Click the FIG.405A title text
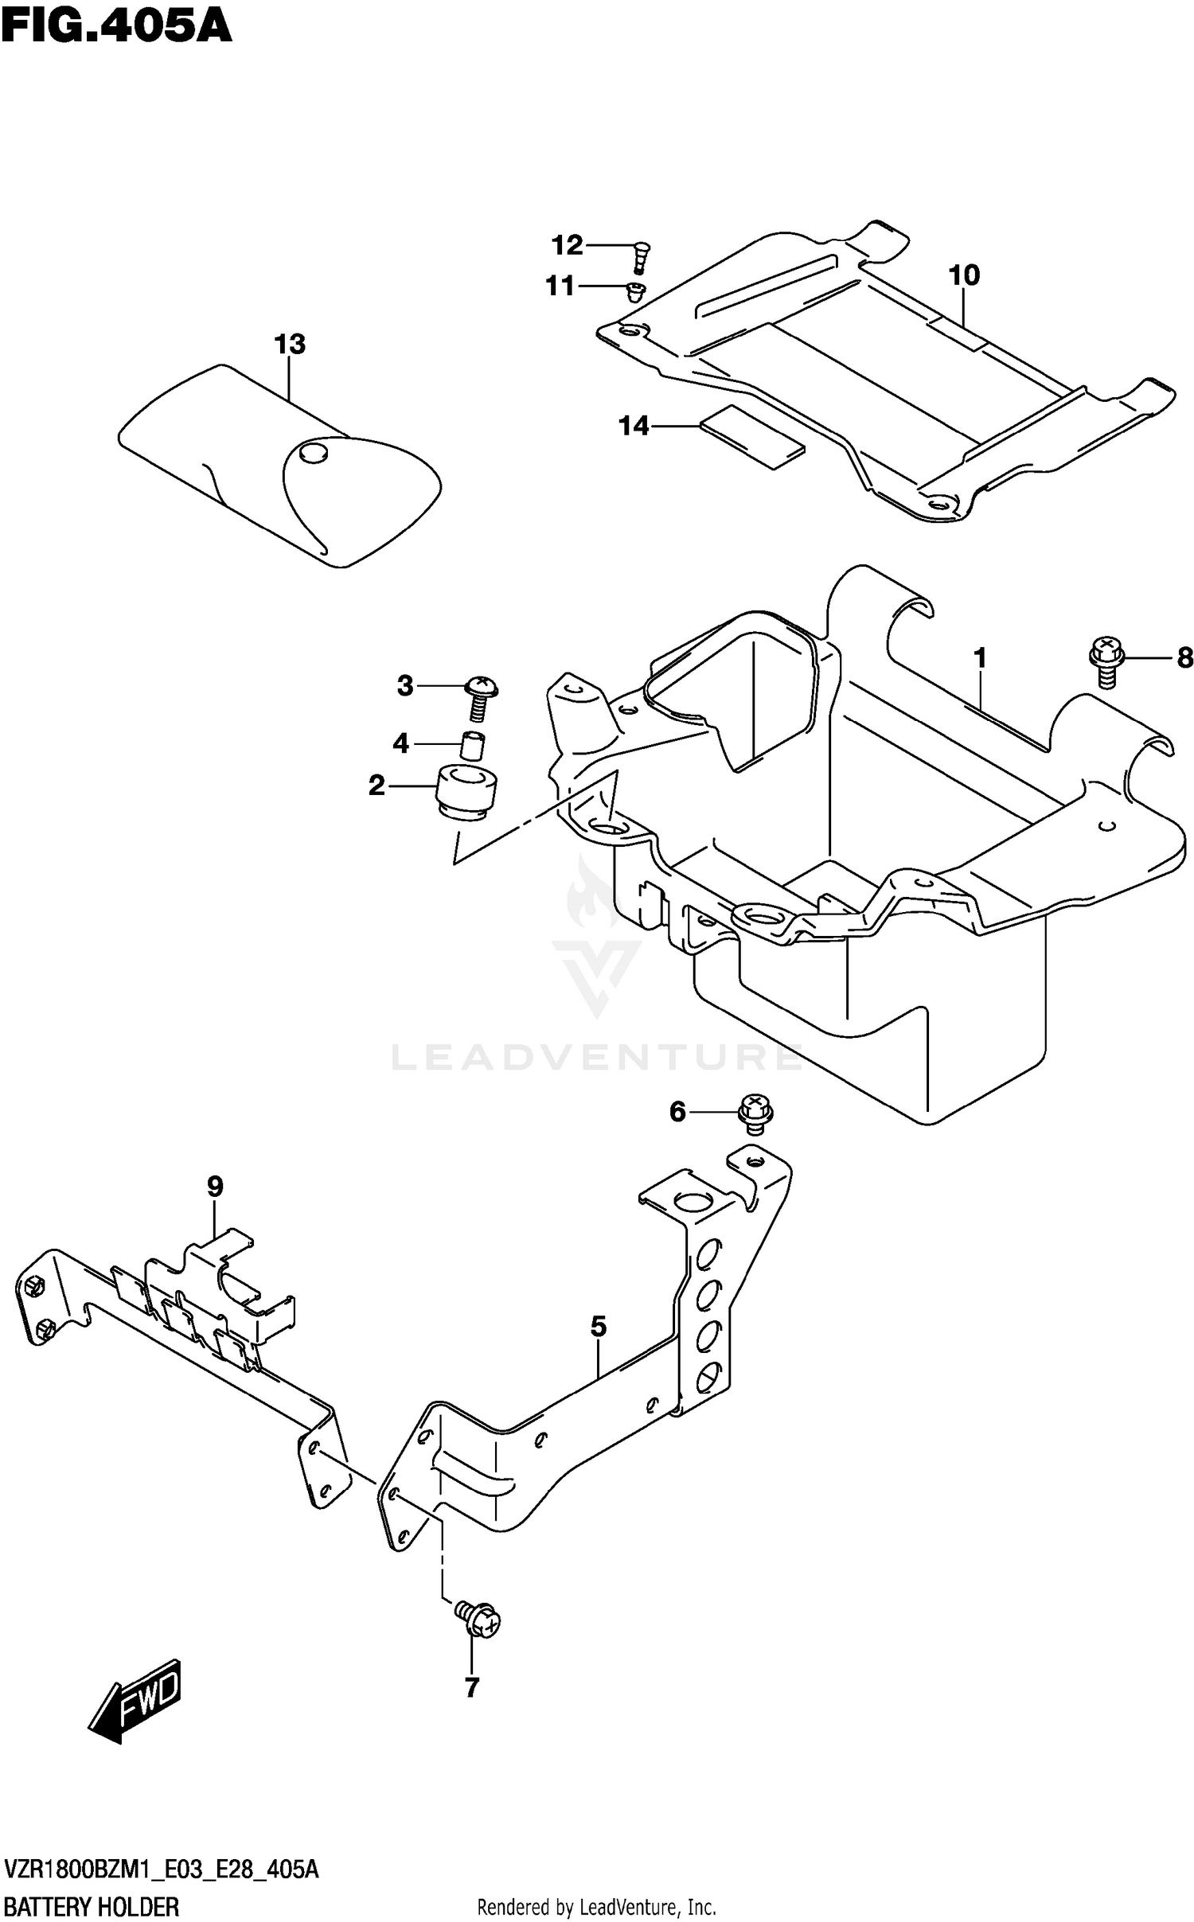[116, 27]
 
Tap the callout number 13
[290, 345]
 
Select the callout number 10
[964, 275]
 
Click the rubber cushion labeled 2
[466, 791]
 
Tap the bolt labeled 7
[478, 1619]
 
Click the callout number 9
[215, 1187]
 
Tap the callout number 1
[980, 658]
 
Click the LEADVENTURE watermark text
[597, 1058]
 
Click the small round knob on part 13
[310, 454]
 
